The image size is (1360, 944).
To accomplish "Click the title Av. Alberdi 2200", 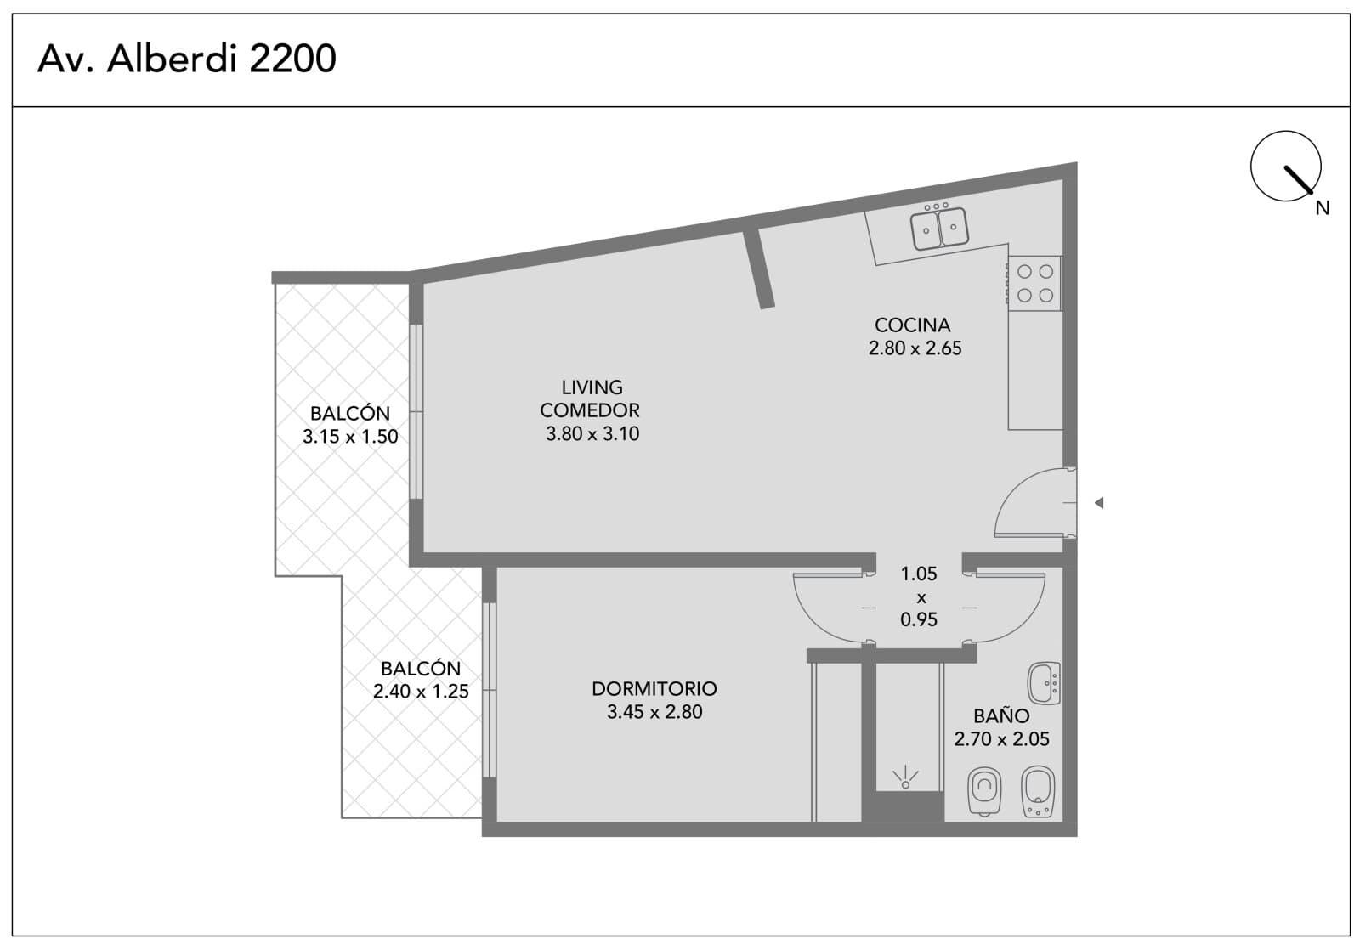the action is tap(186, 59).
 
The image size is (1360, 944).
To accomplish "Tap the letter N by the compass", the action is tap(1323, 208).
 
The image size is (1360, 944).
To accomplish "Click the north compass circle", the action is tap(1285, 166).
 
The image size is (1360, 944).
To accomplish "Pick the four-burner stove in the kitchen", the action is tap(1034, 284).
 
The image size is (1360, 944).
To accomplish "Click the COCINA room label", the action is tap(912, 325).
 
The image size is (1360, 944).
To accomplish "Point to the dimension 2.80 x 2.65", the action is tap(915, 348).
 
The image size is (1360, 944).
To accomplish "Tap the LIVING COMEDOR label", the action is tap(590, 399).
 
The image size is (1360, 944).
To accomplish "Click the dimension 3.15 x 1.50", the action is tap(350, 437).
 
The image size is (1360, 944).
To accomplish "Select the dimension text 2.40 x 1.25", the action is tap(421, 692).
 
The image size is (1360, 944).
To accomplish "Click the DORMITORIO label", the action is tap(654, 688).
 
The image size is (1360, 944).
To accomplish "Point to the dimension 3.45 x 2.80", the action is tap(654, 711).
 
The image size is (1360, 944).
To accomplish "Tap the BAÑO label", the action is tap(1001, 715).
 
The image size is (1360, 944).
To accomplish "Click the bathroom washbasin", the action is tap(1044, 683).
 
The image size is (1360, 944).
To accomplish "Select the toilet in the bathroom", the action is tap(984, 791).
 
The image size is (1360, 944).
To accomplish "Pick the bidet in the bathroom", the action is tap(1038, 791).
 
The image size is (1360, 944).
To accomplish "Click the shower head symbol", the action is tap(904, 777).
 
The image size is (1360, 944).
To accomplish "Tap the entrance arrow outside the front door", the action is tap(1099, 503).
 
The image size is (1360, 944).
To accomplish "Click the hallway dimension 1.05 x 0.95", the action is tap(919, 596).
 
